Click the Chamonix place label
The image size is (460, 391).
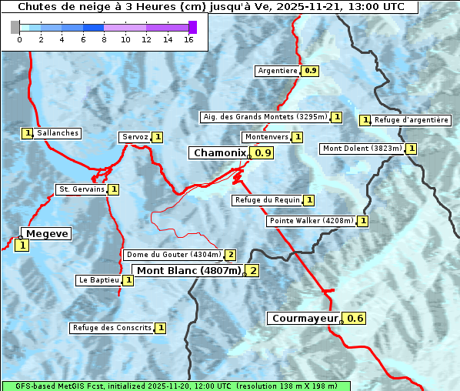(x=219, y=153)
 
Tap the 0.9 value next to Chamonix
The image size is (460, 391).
(x=264, y=153)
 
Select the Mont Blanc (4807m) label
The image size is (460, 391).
(x=188, y=270)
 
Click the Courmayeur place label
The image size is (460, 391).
(x=305, y=318)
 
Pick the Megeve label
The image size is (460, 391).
(x=46, y=234)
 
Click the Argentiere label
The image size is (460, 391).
(x=278, y=71)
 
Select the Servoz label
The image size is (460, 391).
(x=135, y=137)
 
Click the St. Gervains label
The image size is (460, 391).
(x=82, y=189)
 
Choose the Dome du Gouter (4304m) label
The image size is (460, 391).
(x=173, y=255)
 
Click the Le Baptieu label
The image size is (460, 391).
(x=98, y=280)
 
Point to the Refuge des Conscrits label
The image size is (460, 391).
(x=112, y=328)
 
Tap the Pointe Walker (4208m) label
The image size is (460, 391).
(x=311, y=221)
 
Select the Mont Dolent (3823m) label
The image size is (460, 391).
(x=362, y=149)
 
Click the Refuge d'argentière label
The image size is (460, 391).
(x=411, y=120)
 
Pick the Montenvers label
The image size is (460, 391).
(x=266, y=137)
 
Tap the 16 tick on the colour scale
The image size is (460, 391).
(x=188, y=39)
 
